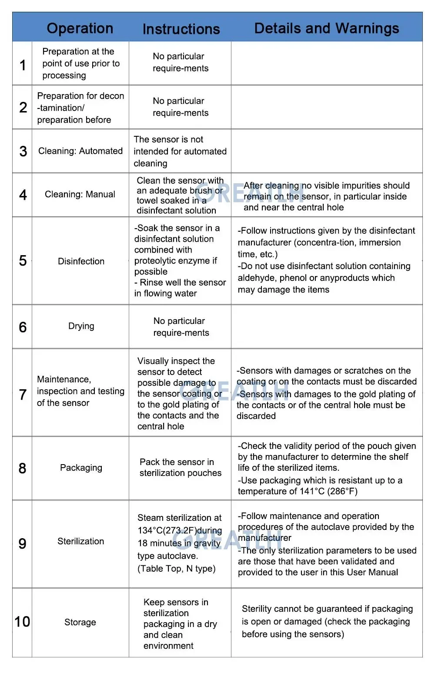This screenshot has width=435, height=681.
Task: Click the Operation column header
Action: [x=80, y=28]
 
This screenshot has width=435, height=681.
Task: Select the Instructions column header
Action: [x=181, y=29]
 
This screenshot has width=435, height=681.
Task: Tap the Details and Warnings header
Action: [x=326, y=28]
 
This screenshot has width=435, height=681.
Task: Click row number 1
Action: [x=23, y=65]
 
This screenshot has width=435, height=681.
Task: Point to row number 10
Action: [x=22, y=621]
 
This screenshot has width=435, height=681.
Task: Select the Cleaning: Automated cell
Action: [x=80, y=151]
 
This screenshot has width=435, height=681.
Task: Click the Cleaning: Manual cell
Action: [x=80, y=194]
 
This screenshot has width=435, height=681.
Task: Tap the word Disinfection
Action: [x=81, y=261]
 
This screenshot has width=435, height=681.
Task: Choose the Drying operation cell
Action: [x=81, y=326]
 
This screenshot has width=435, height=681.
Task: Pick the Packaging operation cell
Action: [x=81, y=468]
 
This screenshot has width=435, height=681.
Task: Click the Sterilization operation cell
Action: [x=81, y=541]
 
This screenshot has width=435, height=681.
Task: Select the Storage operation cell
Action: [x=80, y=622]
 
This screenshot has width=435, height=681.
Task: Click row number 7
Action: [x=23, y=394]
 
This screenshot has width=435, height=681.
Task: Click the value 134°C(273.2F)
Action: [x=167, y=530]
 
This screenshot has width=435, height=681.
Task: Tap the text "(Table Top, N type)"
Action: [x=176, y=569]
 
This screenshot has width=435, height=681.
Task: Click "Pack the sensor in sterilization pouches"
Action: [x=180, y=468]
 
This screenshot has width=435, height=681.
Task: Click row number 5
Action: [x=23, y=261]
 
